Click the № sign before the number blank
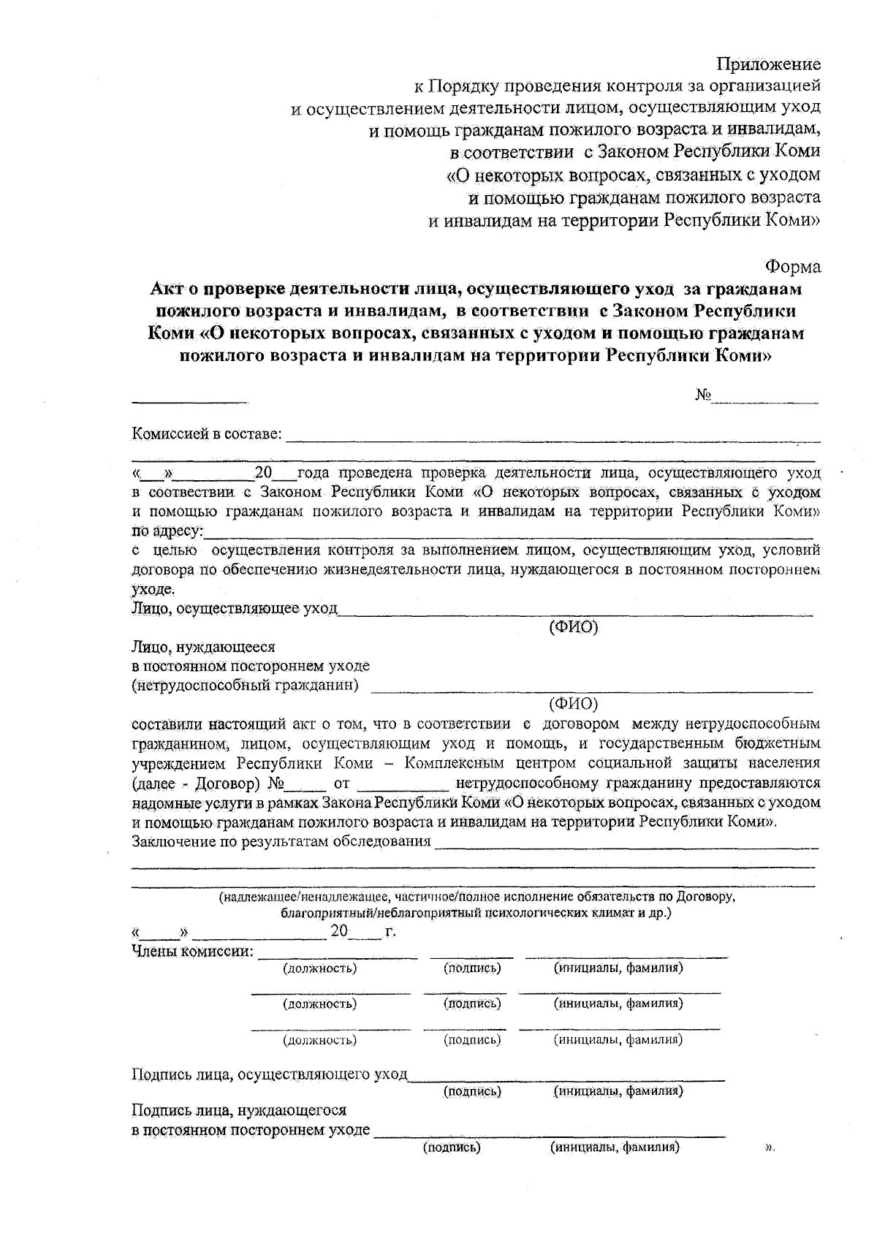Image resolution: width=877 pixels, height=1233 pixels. pos(703,395)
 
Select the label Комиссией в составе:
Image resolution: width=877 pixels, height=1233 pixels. pos(207,434)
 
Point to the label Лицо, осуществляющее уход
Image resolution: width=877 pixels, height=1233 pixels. pos(234,608)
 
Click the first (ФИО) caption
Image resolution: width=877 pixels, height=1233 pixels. pos(573,626)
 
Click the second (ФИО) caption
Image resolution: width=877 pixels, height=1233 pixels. pos(573,704)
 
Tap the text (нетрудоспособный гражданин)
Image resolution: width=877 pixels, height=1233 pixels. pos(246,686)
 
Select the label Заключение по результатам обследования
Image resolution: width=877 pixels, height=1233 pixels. pos(281,841)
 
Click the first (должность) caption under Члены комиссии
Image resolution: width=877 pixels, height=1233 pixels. pos(319,968)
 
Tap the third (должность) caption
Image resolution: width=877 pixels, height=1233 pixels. pos(319,1039)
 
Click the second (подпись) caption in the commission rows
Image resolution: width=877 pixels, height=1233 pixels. pos(472,1004)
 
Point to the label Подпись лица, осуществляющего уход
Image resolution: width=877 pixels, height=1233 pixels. pos(269,1074)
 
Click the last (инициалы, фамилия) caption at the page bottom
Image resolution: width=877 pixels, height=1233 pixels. pos(615,1147)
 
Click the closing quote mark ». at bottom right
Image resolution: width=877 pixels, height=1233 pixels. pos(769,1148)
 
